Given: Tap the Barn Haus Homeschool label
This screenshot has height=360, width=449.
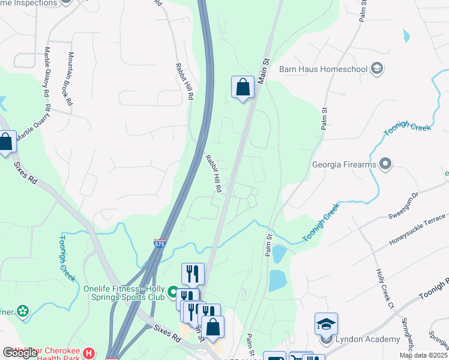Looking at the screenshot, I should tap(324, 68).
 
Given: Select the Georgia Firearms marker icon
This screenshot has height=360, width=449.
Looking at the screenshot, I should tap(385, 164).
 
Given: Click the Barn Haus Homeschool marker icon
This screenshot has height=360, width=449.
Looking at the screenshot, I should tap(377, 68).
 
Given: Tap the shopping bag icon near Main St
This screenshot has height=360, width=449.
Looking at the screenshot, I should tap(243, 88).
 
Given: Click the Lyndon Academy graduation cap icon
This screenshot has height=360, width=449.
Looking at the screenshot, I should tap(326, 325).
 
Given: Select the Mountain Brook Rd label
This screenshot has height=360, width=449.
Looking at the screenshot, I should tap(70, 79).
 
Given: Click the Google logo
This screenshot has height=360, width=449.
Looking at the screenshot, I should tap(20, 353).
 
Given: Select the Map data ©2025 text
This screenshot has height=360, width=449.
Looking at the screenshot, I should tap(423, 355).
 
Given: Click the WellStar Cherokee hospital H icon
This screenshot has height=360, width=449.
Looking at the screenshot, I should tap(89, 353).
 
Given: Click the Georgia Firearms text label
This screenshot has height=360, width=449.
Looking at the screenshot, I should tap(344, 164).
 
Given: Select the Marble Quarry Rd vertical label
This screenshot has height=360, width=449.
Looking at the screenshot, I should tap(46, 73).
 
